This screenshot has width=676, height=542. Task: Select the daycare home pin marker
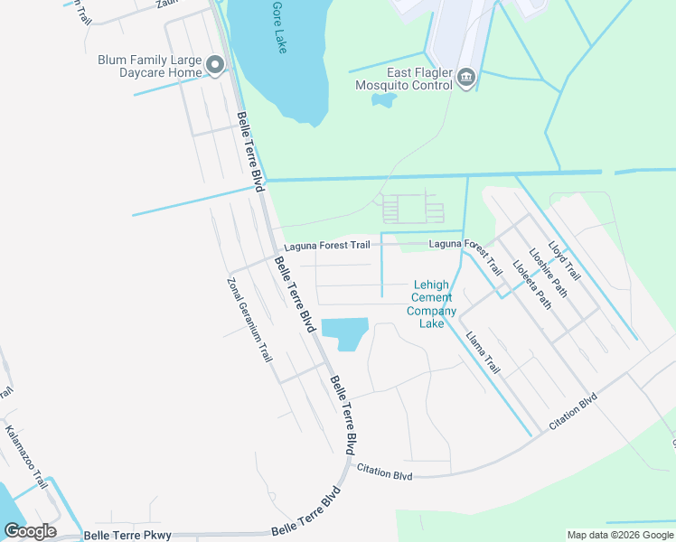click(x=215, y=64)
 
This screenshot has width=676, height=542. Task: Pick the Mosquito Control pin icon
click(x=466, y=78)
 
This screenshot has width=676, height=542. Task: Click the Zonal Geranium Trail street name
click(x=249, y=319)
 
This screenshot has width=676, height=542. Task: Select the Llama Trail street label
click(x=483, y=352)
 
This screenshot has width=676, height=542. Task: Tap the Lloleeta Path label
click(x=531, y=283)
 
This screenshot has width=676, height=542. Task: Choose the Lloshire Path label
click(x=549, y=271)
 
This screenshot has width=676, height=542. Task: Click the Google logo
click(x=30, y=531)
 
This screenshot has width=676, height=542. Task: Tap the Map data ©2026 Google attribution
click(x=619, y=536)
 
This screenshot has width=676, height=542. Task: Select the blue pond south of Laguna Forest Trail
click(x=344, y=333)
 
